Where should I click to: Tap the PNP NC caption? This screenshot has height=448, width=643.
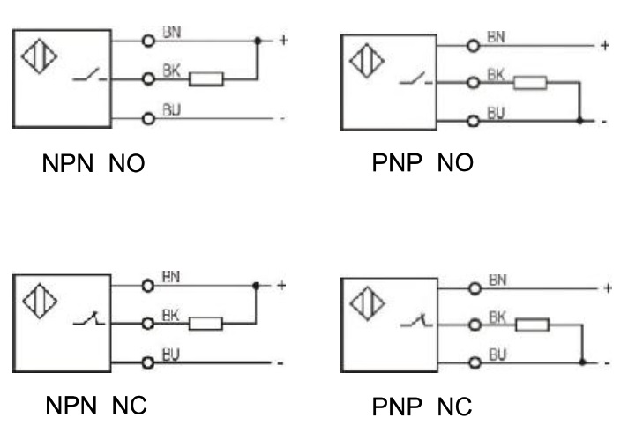tap(422, 407)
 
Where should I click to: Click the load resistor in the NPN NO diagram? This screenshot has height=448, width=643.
tap(206, 79)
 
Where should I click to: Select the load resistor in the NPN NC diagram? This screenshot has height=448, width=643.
tap(206, 324)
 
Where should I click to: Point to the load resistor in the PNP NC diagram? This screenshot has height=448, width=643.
tap(532, 325)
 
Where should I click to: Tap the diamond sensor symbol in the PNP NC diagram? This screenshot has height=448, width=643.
tap(363, 304)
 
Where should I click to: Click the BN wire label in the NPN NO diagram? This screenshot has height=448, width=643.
tap(174, 34)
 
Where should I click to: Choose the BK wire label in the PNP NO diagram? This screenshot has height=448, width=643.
tap(497, 78)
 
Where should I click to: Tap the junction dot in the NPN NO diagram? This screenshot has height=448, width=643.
tap(257, 41)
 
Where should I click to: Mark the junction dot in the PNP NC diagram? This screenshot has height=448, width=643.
tap(583, 362)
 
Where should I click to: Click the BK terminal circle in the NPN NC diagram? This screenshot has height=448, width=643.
tap(148, 324)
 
